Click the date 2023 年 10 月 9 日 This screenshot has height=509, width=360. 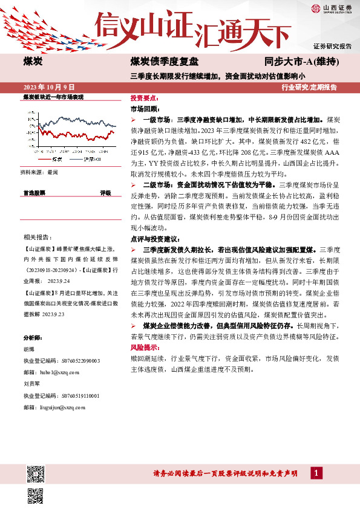pos(48,87)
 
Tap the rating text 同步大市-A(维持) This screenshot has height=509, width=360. pos(301,62)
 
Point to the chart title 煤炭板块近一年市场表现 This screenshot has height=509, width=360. pos(53,97)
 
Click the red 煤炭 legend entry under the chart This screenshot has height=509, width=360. pos(53,160)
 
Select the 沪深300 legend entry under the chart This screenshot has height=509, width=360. pos(88,160)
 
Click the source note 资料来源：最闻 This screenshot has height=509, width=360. pos(39,172)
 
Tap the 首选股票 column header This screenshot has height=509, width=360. pos(34,193)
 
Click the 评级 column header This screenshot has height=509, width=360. pos(105,193)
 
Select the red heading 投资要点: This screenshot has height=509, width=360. pos(145,97)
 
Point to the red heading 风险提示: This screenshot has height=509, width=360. pos(145,348)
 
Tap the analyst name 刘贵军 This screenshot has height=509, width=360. pos(31,384)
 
